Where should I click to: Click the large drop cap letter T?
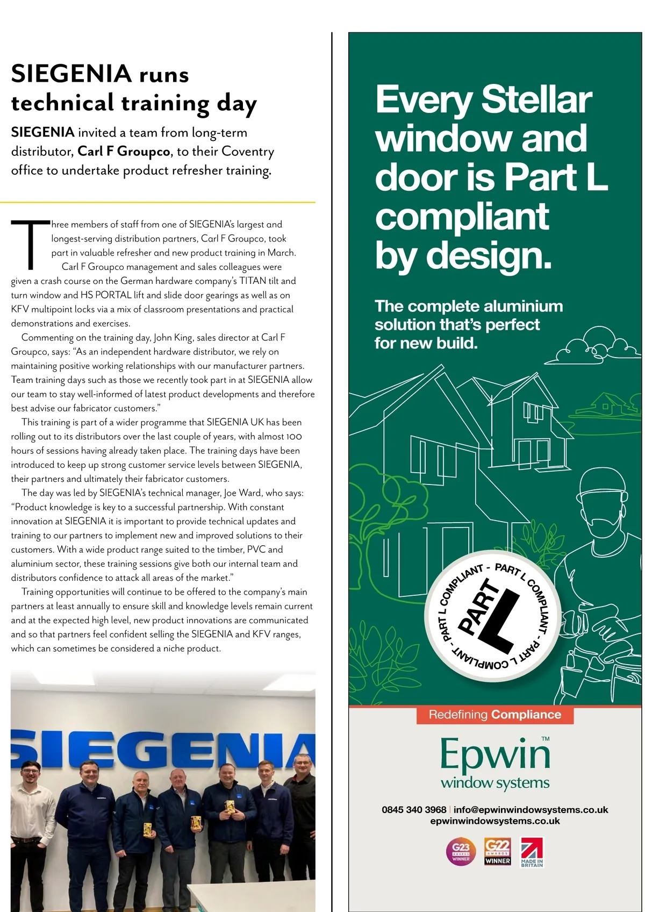click(31, 244)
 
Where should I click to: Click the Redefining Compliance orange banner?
click(494, 715)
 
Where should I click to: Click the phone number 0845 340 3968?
click(414, 810)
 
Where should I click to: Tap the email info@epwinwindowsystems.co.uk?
click(531, 810)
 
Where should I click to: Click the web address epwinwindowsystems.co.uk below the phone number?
click(495, 821)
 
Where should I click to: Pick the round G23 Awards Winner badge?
click(461, 851)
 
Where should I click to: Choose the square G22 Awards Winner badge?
click(497, 851)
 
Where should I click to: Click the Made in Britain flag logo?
click(532, 852)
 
